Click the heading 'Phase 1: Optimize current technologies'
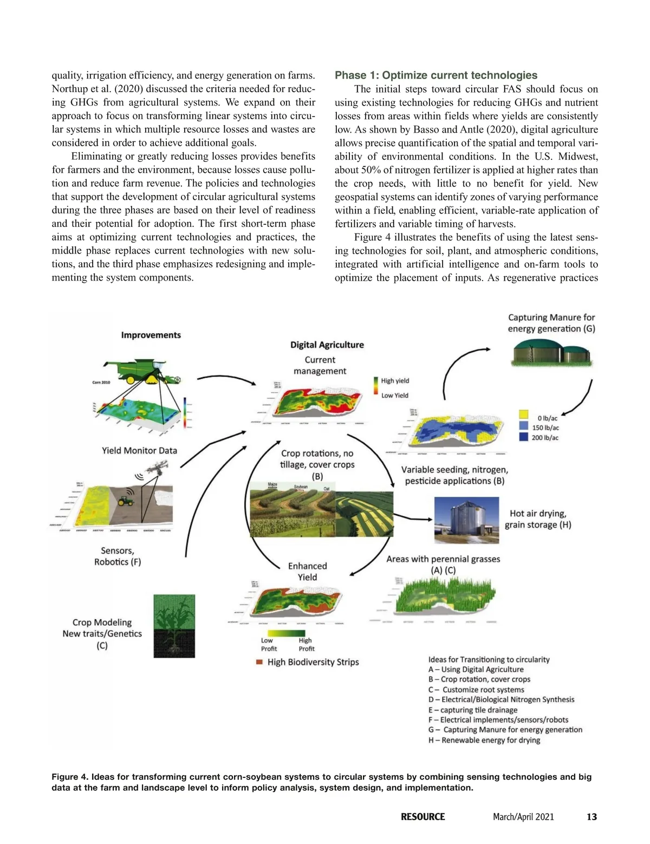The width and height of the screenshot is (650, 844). click(436, 75)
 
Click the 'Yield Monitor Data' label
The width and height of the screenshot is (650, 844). click(139, 450)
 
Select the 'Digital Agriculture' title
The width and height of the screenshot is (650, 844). click(327, 345)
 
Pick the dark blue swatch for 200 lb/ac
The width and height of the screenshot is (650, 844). click(524, 437)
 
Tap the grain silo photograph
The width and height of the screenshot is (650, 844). click(466, 520)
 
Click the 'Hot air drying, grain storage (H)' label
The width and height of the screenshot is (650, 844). click(538, 519)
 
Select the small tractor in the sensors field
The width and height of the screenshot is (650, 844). click(126, 501)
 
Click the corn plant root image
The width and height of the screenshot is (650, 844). click(174, 626)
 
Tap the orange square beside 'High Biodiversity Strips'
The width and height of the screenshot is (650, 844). click(259, 662)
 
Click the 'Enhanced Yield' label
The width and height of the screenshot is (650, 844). click(307, 572)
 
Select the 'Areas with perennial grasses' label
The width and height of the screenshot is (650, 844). click(443, 559)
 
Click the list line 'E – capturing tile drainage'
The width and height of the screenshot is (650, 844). click(472, 710)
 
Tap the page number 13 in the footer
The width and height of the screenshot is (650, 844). click(591, 817)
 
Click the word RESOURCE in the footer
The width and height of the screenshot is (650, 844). click(422, 817)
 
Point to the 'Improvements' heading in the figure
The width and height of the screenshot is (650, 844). click(151, 335)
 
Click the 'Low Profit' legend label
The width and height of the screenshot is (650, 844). click(269, 644)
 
